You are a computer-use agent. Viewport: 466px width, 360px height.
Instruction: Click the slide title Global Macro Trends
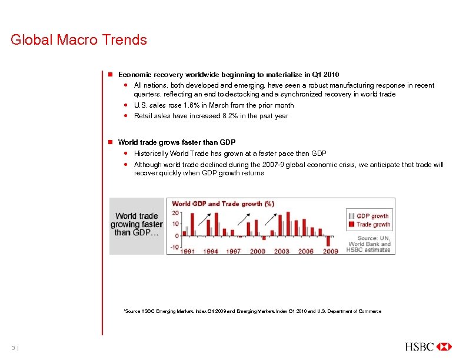coord(78,41)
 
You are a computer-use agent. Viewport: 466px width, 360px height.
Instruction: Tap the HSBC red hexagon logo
coord(444,346)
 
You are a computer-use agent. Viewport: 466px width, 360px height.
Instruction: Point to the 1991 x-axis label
coord(188,251)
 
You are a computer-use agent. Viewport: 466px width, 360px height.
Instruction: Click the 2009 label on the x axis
coord(330,251)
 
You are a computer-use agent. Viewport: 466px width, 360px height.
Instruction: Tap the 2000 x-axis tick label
coord(258,251)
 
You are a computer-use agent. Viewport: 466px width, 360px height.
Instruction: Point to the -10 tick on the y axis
coord(175,246)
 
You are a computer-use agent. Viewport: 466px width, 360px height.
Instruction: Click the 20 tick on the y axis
coord(175,213)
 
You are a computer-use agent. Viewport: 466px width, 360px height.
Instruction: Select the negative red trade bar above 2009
coord(328,241)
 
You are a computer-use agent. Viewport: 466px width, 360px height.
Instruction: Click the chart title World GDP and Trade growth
coord(223,204)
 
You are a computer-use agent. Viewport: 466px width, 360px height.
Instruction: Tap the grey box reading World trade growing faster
coord(137,224)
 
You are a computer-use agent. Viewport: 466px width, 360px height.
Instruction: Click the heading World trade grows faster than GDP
coord(177,142)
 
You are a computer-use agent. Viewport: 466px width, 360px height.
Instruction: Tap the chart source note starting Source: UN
coord(369,244)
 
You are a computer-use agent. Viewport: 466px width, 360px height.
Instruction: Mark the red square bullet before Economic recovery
coord(109,75)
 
